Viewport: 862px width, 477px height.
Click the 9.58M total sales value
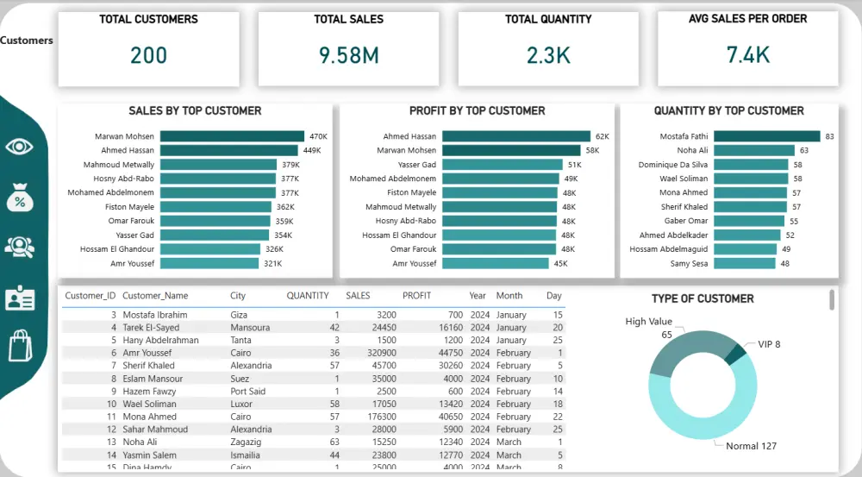(348, 56)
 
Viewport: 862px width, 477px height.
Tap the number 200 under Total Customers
(148, 56)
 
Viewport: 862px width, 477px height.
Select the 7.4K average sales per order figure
(747, 56)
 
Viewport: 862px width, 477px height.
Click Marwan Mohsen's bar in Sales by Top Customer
(232, 136)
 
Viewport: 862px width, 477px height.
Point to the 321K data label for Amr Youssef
(272, 264)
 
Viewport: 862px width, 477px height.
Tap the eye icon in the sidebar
(19, 147)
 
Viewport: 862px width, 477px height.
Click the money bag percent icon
(19, 198)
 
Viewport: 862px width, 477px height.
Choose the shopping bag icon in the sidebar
(19, 346)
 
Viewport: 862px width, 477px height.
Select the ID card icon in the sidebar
(19, 298)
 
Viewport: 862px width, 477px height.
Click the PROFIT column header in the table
(416, 296)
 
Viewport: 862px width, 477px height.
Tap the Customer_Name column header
(155, 296)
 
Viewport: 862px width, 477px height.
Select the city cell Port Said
(248, 391)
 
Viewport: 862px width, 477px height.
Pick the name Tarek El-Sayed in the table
(151, 328)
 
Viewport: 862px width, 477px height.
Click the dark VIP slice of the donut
(734, 354)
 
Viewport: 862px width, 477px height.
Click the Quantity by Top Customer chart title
(728, 111)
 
